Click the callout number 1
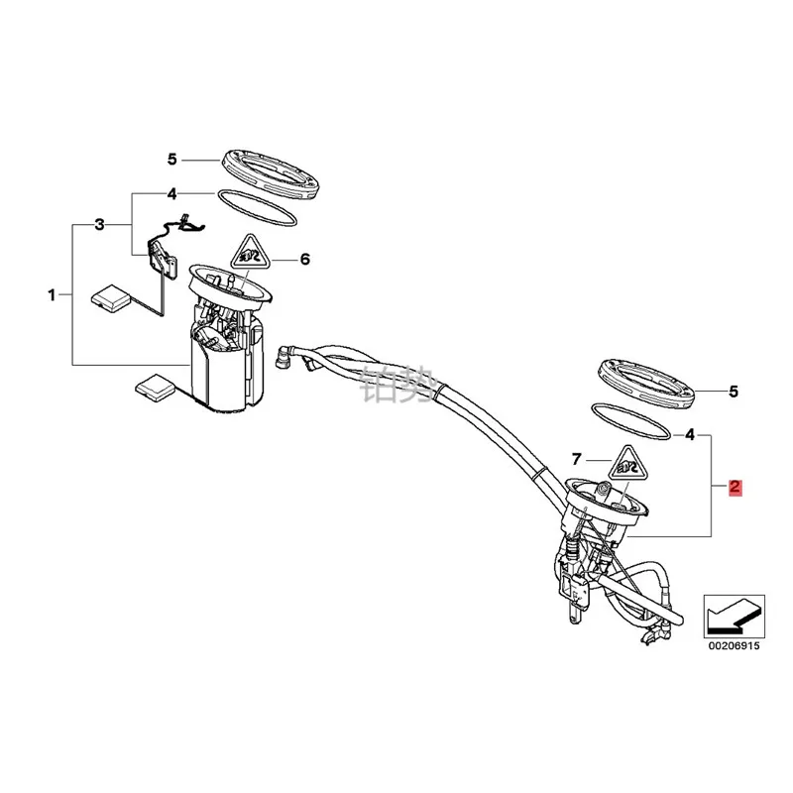point(52,294)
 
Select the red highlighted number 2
point(735,487)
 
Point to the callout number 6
point(305,260)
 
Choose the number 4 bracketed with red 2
point(690,434)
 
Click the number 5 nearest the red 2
point(734,392)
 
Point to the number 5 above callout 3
point(171,159)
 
